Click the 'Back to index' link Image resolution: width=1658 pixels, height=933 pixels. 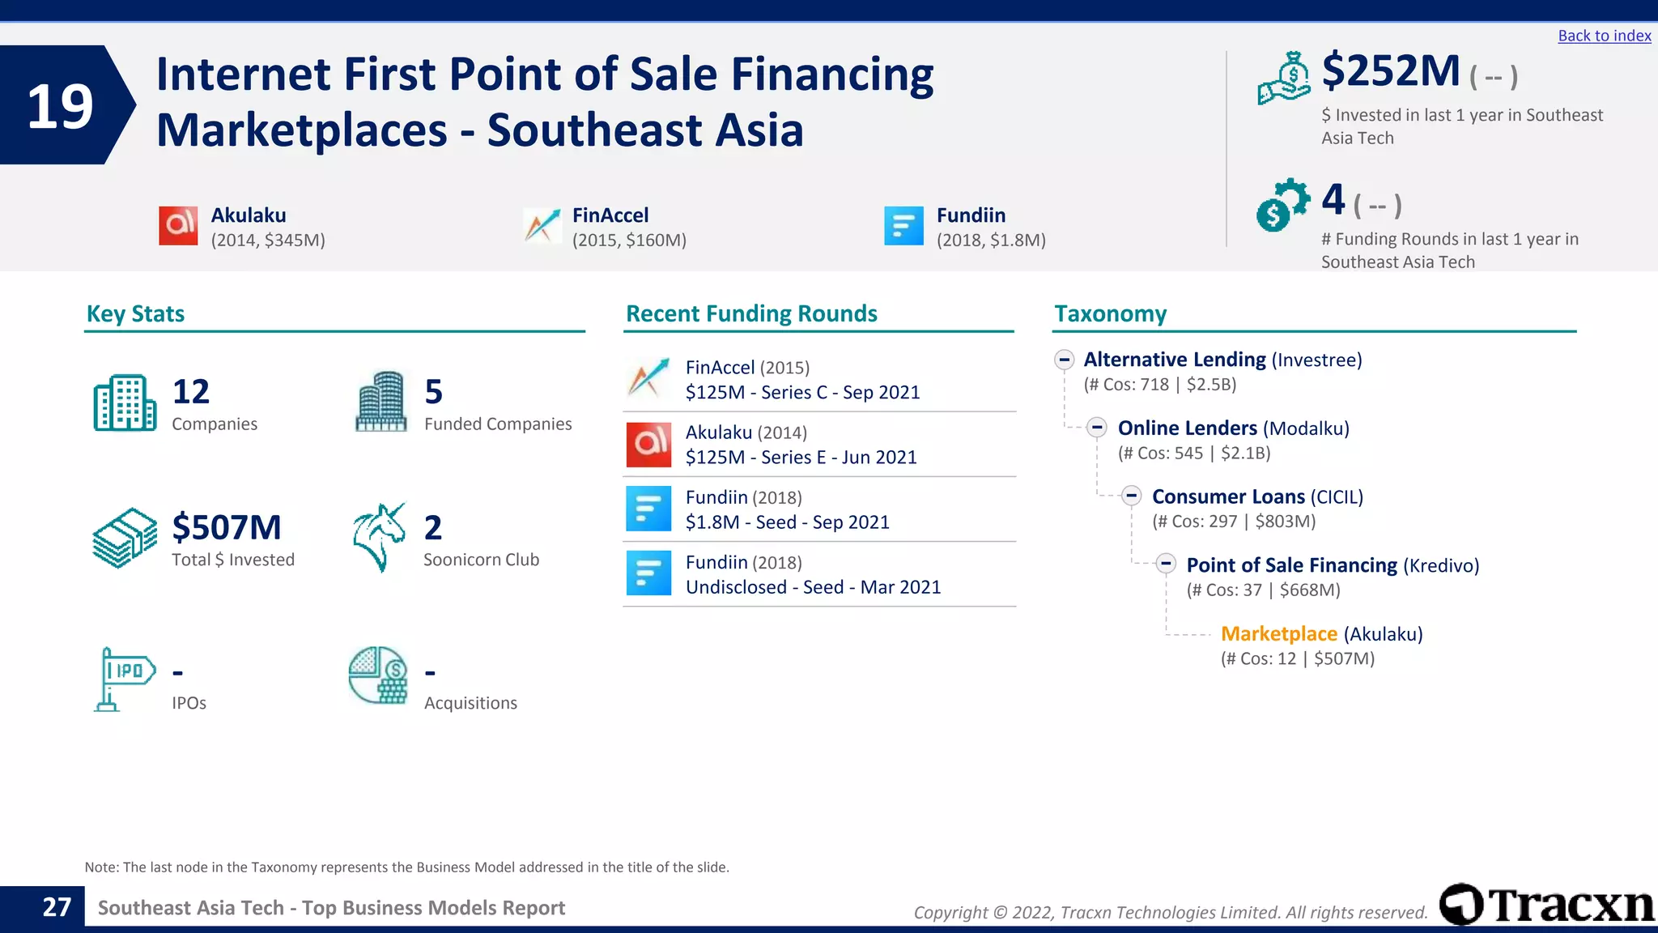tap(1604, 36)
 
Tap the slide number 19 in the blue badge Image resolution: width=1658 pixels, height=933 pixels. tap(60, 106)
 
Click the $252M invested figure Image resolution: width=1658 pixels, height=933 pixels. tap(1391, 71)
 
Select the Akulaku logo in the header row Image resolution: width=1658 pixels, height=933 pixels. tap(178, 225)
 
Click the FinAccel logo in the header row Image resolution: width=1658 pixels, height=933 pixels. tap(542, 225)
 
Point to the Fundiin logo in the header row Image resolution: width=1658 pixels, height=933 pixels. tap(903, 225)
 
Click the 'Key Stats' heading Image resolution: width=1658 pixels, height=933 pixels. tap(135, 313)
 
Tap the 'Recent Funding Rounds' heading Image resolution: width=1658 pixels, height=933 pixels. tap(751, 313)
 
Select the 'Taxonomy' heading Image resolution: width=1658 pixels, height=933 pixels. tap(1110, 313)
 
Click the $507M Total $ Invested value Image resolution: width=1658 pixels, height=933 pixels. tap(227, 527)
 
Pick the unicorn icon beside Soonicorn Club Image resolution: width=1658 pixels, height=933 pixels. tap(379, 537)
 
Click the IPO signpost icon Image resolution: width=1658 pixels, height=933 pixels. tap(123, 679)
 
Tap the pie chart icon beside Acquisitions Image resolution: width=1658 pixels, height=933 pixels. tap(378, 675)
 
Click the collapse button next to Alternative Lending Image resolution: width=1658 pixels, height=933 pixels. tap(1065, 360)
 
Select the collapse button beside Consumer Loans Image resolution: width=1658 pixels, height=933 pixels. tap(1132, 496)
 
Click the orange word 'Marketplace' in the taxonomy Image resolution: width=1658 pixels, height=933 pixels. tap(1278, 633)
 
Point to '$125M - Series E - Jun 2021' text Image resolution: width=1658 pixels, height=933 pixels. tap(801, 458)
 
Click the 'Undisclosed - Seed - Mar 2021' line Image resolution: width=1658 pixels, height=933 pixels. tap(813, 587)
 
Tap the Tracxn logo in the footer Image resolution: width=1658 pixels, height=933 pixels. tap(1547, 904)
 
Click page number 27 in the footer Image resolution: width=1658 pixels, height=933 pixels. tap(57, 907)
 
